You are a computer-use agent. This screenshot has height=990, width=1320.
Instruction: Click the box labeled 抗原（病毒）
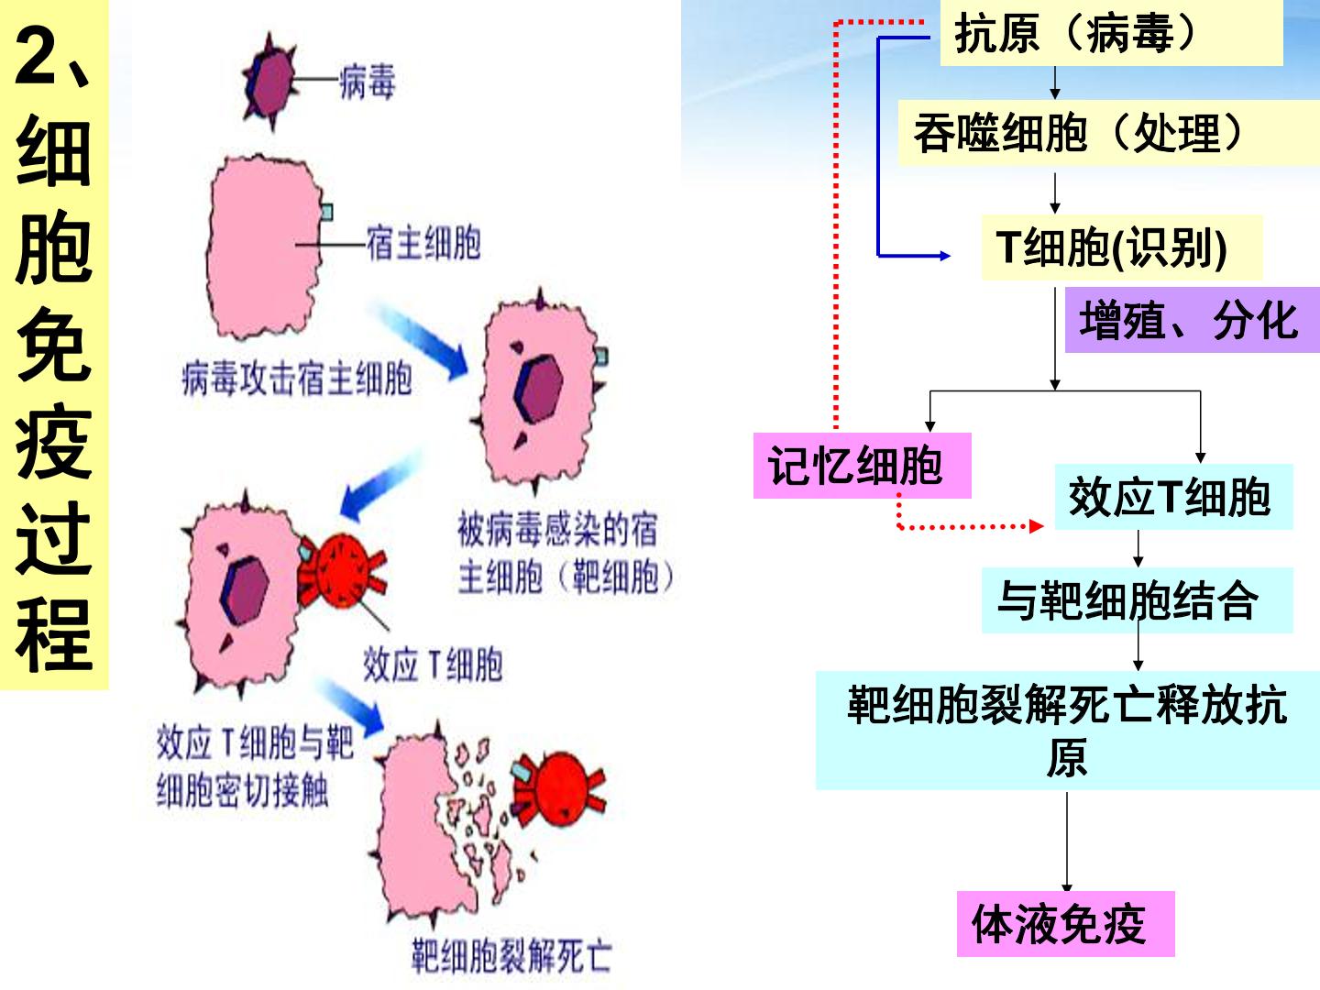click(1111, 32)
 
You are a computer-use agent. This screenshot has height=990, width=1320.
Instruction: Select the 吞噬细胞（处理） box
click(1109, 133)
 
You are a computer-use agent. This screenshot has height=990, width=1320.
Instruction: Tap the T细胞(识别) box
click(1122, 247)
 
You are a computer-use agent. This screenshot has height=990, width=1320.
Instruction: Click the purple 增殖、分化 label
click(1192, 320)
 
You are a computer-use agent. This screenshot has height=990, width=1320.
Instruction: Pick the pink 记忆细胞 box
click(863, 466)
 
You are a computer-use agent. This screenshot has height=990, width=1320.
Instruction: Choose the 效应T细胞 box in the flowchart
click(1174, 497)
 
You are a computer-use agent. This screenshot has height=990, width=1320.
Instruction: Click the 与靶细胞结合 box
click(1138, 599)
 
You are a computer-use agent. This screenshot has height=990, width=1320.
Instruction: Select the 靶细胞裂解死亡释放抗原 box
click(1067, 731)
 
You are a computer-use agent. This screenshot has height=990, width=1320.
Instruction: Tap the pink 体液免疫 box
click(1065, 924)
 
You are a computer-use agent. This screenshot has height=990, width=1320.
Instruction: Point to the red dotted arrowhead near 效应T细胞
click(1036, 526)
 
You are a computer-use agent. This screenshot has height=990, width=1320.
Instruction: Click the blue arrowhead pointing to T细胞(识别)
click(945, 256)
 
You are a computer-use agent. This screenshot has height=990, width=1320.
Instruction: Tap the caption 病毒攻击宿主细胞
click(297, 379)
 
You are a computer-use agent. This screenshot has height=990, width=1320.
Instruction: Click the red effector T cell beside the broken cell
click(558, 788)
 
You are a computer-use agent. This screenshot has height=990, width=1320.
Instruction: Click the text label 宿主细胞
click(423, 243)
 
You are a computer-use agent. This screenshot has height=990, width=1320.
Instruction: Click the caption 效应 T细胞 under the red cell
click(433, 665)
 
